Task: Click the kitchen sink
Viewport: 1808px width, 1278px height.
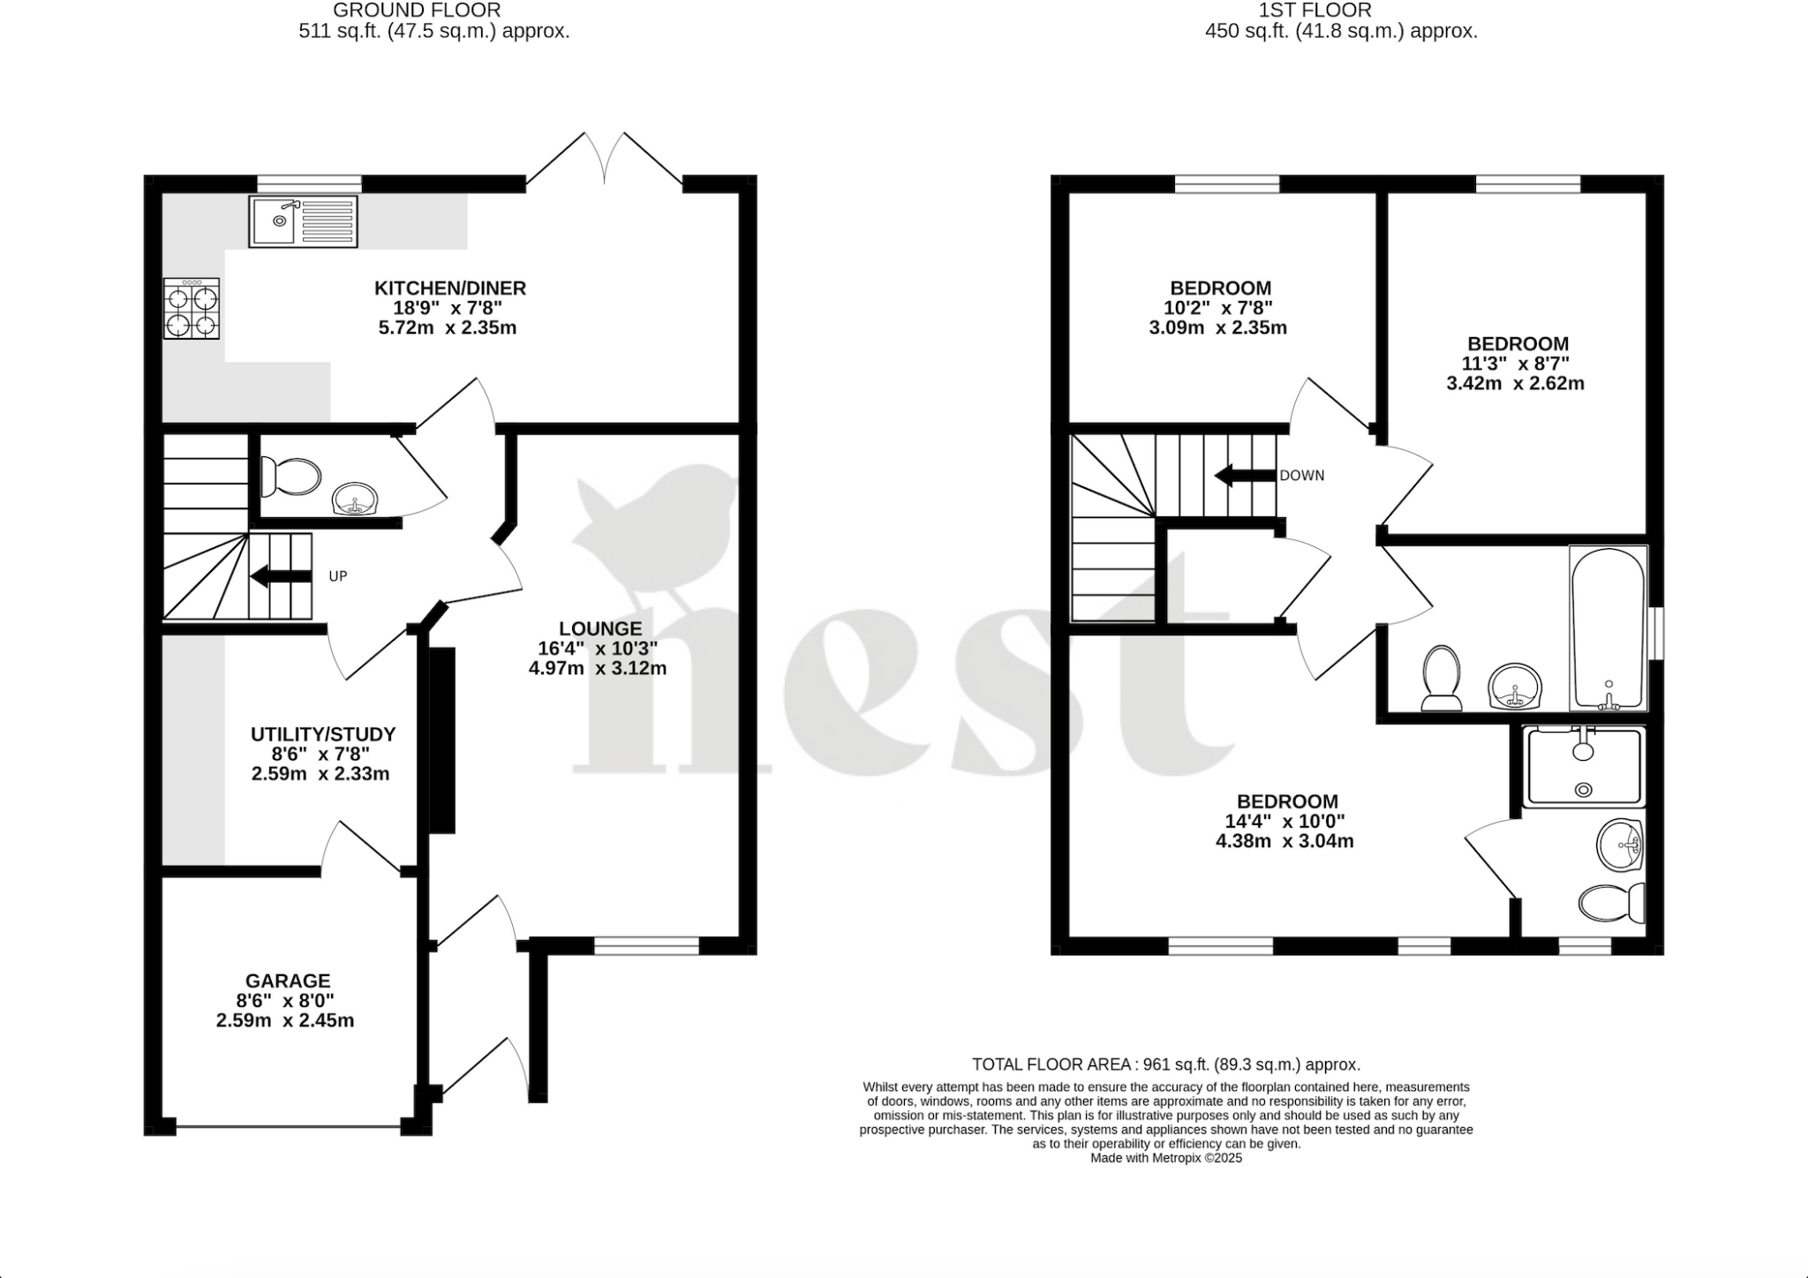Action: tap(303, 222)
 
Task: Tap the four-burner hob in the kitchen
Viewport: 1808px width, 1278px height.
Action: tap(192, 308)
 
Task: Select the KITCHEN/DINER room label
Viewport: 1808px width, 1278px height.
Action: tap(450, 288)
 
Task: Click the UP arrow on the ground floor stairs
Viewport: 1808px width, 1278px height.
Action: tap(282, 577)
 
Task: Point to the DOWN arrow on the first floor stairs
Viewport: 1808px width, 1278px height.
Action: tap(1246, 476)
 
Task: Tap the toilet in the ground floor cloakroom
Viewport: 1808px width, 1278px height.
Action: tap(290, 477)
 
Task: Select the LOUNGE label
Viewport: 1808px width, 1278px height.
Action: tap(600, 628)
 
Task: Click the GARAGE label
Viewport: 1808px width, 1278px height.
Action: tap(288, 981)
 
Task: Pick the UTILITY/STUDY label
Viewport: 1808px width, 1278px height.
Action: tap(323, 734)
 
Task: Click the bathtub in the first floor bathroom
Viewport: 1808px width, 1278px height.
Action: tap(1608, 628)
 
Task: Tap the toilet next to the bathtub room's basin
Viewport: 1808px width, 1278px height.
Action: tap(1441, 678)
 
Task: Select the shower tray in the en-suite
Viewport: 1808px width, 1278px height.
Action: tap(1583, 766)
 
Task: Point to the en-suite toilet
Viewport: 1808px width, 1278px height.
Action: tap(1611, 902)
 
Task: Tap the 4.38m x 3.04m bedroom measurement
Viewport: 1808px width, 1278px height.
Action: tap(1284, 841)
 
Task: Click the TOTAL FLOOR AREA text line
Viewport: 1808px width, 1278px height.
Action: tap(1165, 1064)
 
